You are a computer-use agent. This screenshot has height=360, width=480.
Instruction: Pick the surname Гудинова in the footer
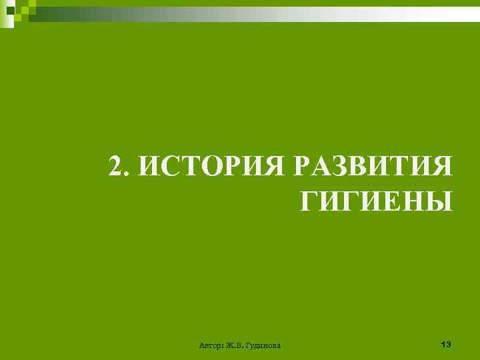point(263,345)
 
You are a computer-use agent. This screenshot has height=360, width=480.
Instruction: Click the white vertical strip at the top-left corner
point(2,13)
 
